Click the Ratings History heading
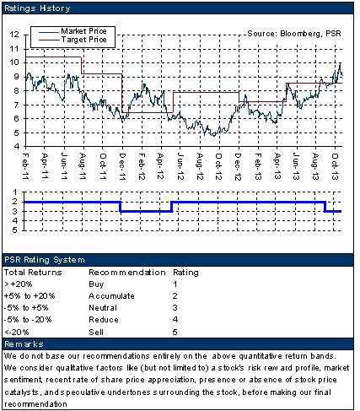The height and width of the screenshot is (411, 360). [x=37, y=8]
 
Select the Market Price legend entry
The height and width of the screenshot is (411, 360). [x=83, y=31]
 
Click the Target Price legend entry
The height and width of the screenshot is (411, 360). [x=83, y=40]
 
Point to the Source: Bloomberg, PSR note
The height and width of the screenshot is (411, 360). [x=294, y=34]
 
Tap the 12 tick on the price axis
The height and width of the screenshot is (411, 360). [x=14, y=35]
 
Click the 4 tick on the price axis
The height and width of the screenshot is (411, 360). [x=17, y=147]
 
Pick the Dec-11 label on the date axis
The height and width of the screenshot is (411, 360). [x=122, y=166]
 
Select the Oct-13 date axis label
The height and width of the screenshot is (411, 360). [x=335, y=166]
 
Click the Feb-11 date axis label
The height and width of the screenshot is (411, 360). [x=25, y=166]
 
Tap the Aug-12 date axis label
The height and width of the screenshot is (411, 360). [x=200, y=166]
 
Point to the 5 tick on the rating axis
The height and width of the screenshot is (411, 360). [x=15, y=230]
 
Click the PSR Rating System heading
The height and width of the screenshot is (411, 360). [x=45, y=260]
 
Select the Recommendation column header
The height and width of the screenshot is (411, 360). [x=127, y=273]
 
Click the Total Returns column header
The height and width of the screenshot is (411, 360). [x=33, y=273]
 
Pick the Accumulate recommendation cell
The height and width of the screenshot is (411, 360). [x=111, y=296]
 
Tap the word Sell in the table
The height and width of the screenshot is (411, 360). [x=96, y=333]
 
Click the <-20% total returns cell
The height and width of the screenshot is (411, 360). [x=17, y=333]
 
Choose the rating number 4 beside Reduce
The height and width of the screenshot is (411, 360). [x=175, y=320]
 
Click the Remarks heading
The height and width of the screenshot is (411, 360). [x=24, y=344]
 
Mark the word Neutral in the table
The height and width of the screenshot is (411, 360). [x=103, y=308]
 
